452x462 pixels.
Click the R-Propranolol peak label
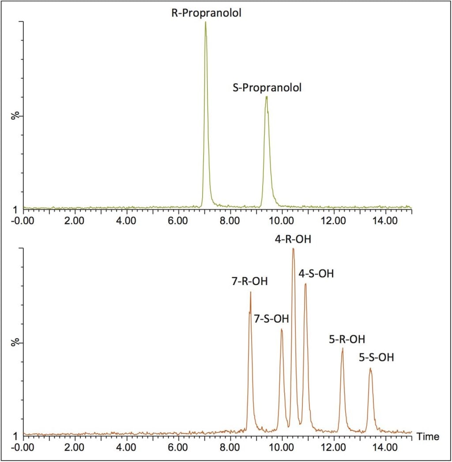(207, 13)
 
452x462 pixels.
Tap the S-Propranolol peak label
(267, 87)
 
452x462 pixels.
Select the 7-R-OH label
(250, 281)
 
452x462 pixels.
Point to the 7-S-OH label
(271, 319)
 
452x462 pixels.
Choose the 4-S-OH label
(316, 274)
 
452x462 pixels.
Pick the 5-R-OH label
(347, 339)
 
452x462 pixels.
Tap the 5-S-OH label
(376, 357)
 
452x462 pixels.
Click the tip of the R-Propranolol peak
(205, 22)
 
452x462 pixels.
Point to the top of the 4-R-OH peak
(293, 249)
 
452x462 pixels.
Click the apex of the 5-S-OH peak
(370, 368)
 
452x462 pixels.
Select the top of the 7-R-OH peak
(250, 292)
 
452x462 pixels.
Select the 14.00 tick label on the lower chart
(386, 447)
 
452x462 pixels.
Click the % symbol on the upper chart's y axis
(15, 116)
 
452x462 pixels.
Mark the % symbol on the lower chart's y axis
(15, 342)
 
